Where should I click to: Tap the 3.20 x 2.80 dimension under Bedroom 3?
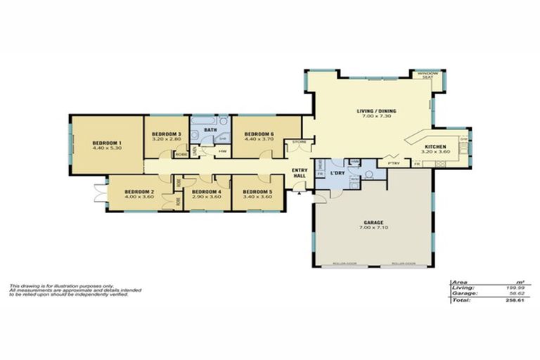click(x=167, y=139)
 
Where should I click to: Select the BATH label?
click(x=210, y=130)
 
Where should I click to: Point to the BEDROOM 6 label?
click(x=252, y=134)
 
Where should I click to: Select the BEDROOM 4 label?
click(x=207, y=191)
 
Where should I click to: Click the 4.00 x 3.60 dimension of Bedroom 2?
click(x=139, y=196)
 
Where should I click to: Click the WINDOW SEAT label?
click(x=427, y=75)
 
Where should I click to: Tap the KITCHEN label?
click(x=435, y=146)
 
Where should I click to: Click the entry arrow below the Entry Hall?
click(x=300, y=191)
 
